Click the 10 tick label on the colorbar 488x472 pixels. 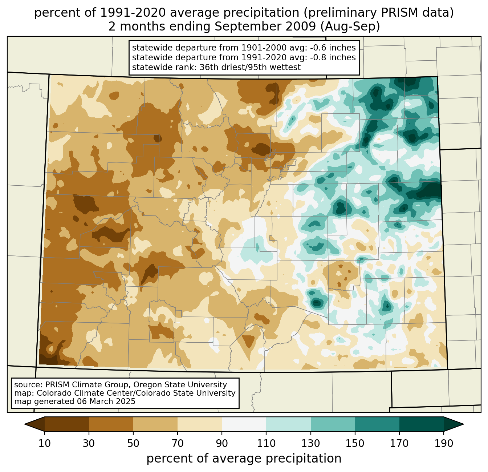45,444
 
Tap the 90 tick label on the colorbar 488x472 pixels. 222,444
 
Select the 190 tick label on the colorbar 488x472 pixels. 443,444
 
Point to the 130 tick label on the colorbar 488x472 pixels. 311,444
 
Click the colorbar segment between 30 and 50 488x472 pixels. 111,424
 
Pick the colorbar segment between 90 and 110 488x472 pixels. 244,424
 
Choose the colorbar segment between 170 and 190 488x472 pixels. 421,424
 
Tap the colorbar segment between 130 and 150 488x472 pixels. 333,424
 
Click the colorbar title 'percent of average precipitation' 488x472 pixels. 244,459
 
